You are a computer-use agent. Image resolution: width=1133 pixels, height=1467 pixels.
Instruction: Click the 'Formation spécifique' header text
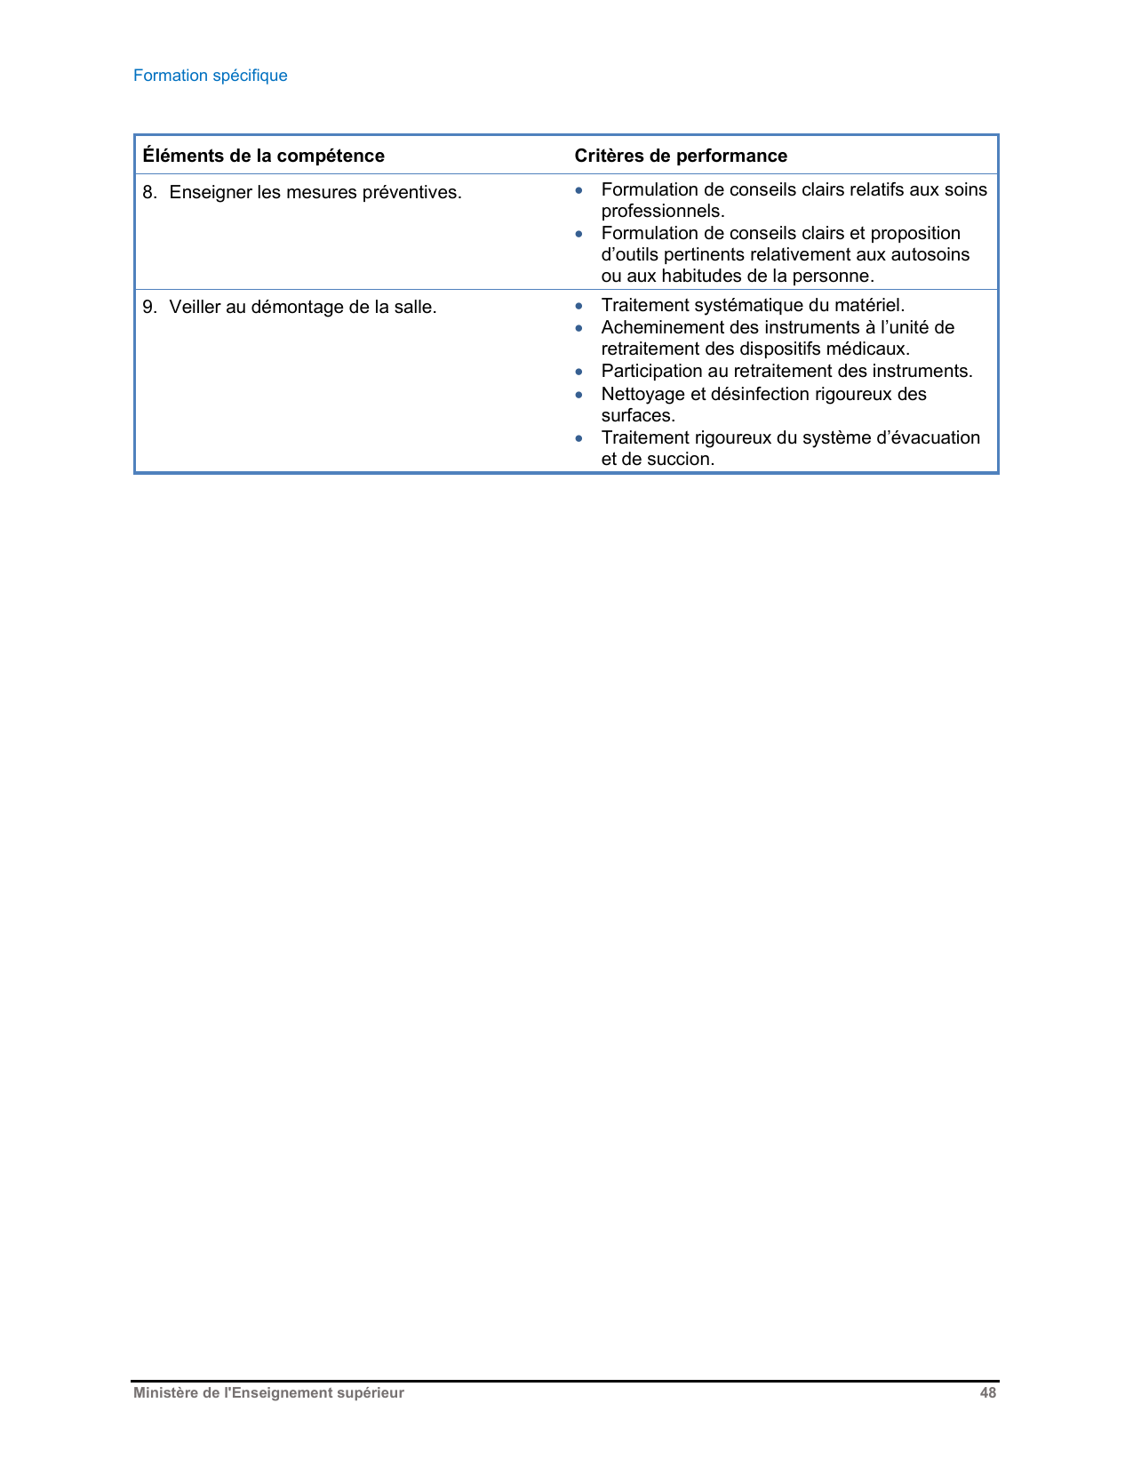[x=210, y=76]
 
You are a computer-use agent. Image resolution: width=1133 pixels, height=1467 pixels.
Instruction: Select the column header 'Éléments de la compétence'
[x=263, y=156]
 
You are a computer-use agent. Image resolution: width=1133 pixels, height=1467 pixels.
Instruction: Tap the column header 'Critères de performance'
[x=681, y=156]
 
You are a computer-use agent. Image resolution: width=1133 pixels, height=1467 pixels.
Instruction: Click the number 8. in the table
[x=149, y=192]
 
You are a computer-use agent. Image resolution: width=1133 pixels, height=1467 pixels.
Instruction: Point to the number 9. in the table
[x=149, y=308]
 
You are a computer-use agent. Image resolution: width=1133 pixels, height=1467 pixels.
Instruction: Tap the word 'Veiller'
[x=195, y=308]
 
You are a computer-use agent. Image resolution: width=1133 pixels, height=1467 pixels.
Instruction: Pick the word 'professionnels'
[x=661, y=212]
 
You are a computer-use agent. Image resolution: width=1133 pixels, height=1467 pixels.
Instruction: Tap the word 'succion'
[x=683, y=460]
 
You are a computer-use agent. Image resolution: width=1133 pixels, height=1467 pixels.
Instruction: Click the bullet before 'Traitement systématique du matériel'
[x=579, y=306]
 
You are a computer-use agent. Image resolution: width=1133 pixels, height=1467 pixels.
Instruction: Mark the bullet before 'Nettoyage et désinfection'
[x=579, y=394]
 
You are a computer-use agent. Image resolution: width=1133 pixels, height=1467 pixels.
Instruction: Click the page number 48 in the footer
[x=987, y=1393]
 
